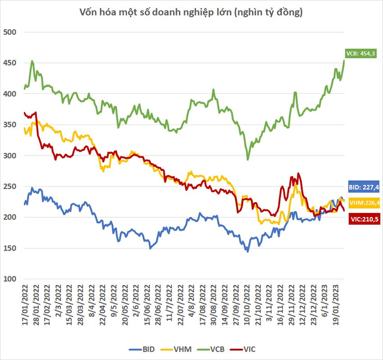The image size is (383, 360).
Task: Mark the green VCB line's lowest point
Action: click(248, 160)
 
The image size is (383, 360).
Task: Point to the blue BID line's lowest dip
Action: click(247, 251)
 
